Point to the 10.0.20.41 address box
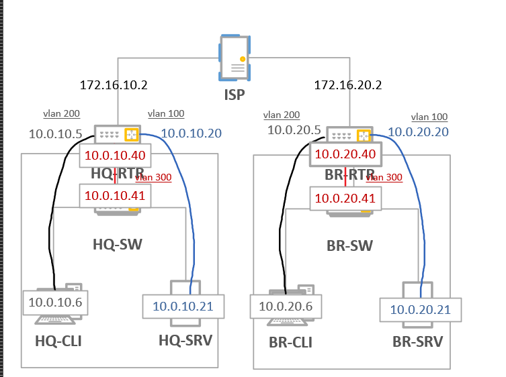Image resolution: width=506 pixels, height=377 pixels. click(345, 198)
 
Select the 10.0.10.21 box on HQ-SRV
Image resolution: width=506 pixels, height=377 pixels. click(183, 307)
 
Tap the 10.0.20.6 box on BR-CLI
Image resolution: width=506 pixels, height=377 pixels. click(284, 307)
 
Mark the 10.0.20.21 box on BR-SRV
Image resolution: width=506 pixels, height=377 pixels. click(421, 309)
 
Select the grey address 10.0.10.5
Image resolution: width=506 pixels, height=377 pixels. click(55, 133)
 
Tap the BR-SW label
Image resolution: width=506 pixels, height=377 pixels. click(349, 246)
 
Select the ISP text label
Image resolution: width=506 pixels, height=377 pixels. click(235, 95)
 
